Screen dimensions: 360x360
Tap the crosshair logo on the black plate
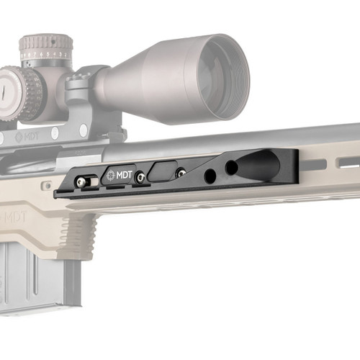click(x=111, y=176)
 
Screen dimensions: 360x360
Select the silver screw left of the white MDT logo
click(x=84, y=181)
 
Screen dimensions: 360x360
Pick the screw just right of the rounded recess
click(x=181, y=172)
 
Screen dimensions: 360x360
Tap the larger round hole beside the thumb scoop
click(x=232, y=168)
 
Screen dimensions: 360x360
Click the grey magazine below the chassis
click(x=36, y=277)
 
